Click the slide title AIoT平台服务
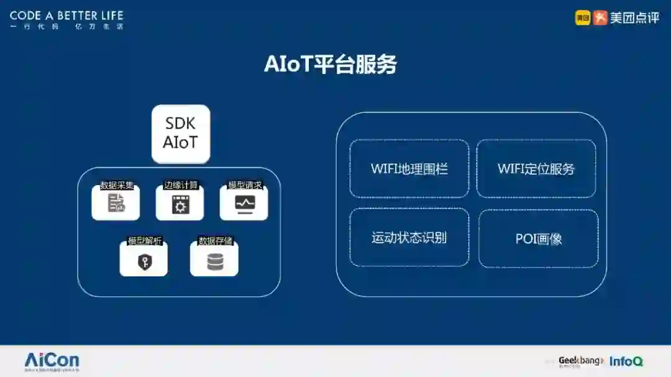point(330,65)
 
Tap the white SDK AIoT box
point(181,134)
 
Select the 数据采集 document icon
point(116,203)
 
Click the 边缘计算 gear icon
point(180,204)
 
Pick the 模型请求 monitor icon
point(244,204)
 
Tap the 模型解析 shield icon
point(144,261)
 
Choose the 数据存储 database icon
point(214,261)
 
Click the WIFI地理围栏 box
point(409,169)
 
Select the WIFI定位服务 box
point(536,169)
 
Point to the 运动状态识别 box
point(409,238)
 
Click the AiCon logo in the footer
point(52,360)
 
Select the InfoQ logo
point(626,361)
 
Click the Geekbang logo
point(580,361)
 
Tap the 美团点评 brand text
point(634,18)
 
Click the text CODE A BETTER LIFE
point(66,16)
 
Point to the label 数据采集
point(116,185)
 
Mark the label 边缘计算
point(180,185)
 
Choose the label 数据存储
point(215,241)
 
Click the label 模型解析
point(145,241)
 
